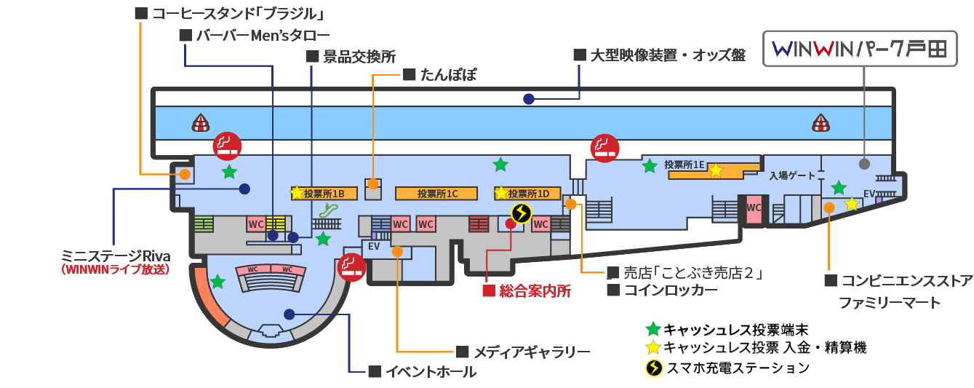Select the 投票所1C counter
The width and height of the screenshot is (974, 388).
click(x=436, y=194)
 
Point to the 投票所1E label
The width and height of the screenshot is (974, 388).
click(x=684, y=165)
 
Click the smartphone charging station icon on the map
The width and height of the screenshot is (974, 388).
click(x=521, y=213)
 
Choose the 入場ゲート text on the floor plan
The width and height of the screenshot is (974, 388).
click(x=792, y=175)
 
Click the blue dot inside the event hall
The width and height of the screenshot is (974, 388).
click(x=290, y=314)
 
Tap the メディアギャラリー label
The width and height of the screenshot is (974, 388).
click(x=532, y=352)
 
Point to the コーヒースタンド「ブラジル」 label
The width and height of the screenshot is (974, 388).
click(x=237, y=13)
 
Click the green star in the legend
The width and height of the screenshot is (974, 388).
click(x=654, y=328)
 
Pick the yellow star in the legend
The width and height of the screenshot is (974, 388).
click(x=654, y=347)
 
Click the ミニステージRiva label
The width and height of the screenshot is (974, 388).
click(x=116, y=256)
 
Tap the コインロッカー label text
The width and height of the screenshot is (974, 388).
click(x=671, y=290)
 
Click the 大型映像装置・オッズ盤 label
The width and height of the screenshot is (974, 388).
click(x=667, y=55)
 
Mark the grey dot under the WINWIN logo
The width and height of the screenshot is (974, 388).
click(x=863, y=164)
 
